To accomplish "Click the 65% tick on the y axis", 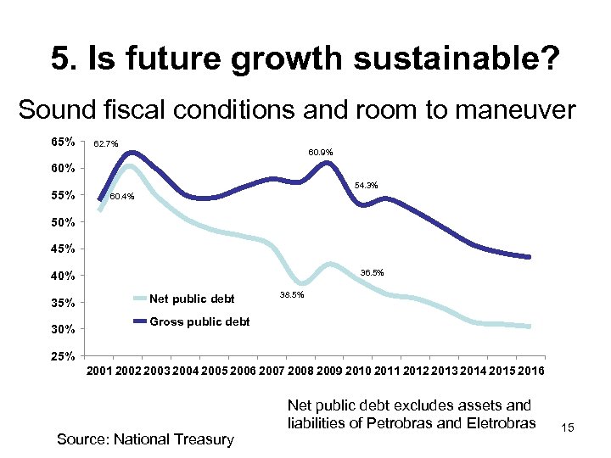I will point(64,140).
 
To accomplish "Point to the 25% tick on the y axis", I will point(64,355).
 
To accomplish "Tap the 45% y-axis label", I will point(64,249).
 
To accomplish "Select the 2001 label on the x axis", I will point(101,372).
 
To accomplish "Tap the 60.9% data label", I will point(320,153).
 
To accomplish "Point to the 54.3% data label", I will point(366,186).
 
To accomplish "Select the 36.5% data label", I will point(372,273).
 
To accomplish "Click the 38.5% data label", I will point(291,294).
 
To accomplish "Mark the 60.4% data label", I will point(123,198).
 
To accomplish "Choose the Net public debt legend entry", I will point(191,299).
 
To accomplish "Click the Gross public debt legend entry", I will point(199,321).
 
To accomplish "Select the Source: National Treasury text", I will point(144,438).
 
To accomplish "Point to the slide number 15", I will point(567,429).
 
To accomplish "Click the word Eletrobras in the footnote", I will point(496,423).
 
